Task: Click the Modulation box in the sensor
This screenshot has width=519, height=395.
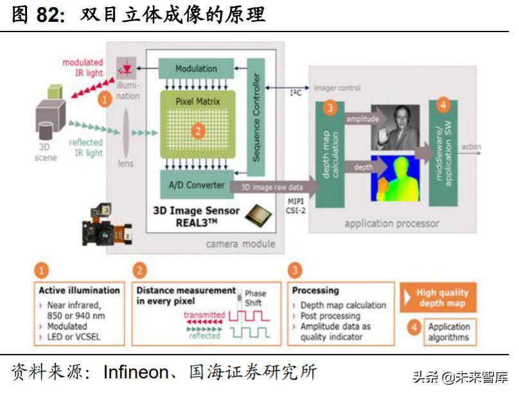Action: tap(195, 69)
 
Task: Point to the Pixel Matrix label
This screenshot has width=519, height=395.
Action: tap(197, 101)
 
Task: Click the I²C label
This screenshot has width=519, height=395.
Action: tap(295, 93)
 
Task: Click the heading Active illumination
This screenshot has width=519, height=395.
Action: tap(79, 290)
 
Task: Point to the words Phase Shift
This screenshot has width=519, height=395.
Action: tap(255, 298)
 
